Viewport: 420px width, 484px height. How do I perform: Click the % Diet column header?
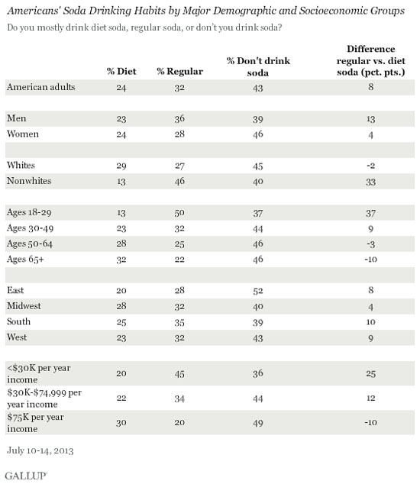coord(121,71)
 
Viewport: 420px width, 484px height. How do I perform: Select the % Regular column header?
coord(179,71)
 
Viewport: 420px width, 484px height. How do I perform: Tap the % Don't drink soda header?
coord(258,66)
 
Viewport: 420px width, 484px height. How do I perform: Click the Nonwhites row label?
coord(29,181)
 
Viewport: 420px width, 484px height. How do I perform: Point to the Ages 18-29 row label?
coord(29,212)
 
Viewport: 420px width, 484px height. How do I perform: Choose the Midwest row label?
coord(24,306)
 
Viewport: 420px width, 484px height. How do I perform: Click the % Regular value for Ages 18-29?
coord(179,213)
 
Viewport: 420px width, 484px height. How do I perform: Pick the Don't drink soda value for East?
coord(258,290)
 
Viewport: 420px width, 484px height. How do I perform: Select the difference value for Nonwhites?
coord(370,182)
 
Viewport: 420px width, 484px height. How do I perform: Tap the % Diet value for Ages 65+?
coord(121,260)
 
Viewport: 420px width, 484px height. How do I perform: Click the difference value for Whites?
coord(370,166)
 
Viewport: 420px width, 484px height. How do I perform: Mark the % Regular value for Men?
coord(179,119)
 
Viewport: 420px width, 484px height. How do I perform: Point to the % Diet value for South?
coord(121,322)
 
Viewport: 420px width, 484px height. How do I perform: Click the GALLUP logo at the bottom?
coord(26,476)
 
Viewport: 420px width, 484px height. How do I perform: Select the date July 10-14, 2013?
coord(40,450)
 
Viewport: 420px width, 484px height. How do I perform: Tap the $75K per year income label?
coord(35,423)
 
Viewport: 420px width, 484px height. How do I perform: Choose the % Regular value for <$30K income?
coord(179,374)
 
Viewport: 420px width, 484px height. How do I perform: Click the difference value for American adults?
coord(370,87)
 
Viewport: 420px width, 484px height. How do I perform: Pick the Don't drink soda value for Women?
coord(258,134)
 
